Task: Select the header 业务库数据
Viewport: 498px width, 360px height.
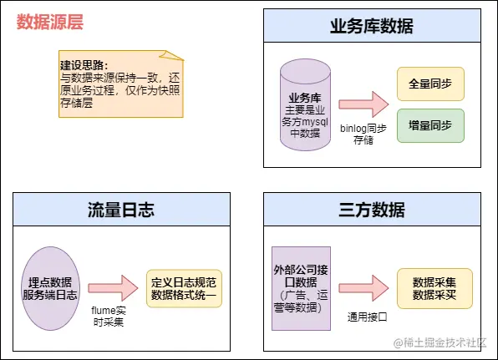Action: (x=372, y=25)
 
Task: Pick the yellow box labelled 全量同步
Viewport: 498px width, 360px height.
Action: (x=430, y=84)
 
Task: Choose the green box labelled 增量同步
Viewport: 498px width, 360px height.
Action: (x=430, y=125)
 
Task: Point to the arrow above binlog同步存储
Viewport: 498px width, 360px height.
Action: (x=364, y=104)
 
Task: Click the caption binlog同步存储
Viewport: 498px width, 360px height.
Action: (x=363, y=134)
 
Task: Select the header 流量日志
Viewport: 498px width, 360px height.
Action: (x=121, y=209)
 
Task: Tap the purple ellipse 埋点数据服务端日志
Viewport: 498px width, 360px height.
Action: (x=51, y=286)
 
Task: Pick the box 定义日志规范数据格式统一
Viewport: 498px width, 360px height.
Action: (x=184, y=286)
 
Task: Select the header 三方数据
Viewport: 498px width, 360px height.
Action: (x=372, y=209)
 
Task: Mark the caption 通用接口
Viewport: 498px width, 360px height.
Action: (x=368, y=317)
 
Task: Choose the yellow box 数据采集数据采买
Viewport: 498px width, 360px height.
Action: (x=434, y=286)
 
